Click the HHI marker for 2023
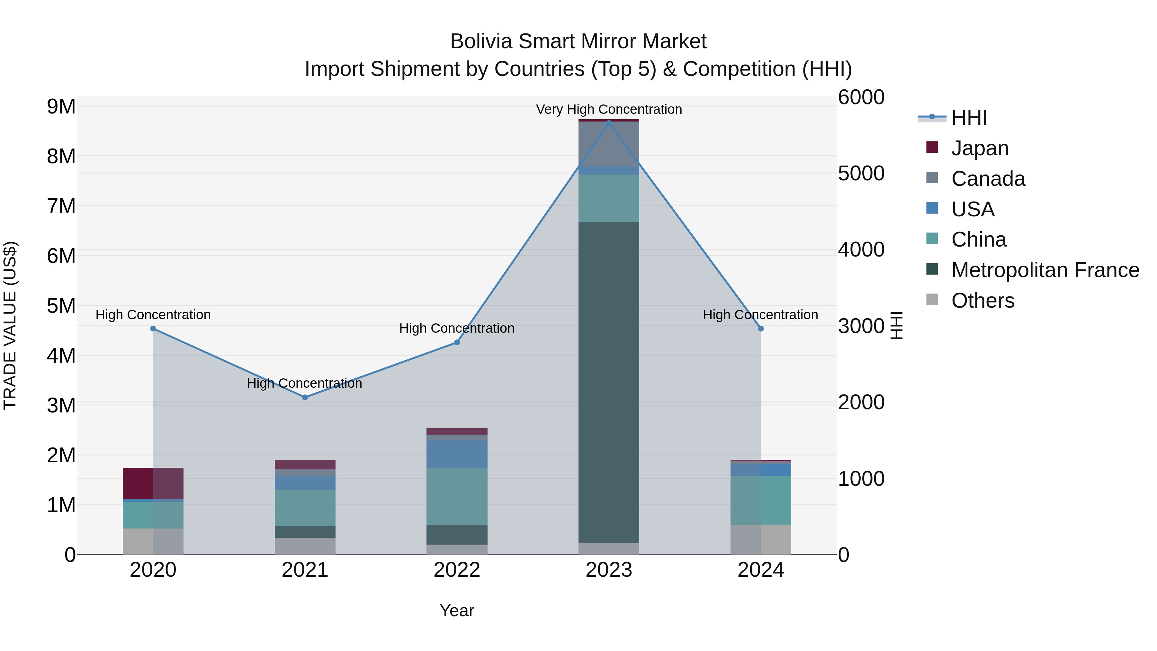pos(609,122)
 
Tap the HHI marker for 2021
pos(305,397)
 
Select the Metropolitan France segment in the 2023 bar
pos(609,382)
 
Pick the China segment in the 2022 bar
pos(457,496)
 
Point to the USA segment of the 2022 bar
pos(457,454)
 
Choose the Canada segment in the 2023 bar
pos(609,144)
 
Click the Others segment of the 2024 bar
pos(760,539)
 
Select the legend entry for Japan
pos(979,148)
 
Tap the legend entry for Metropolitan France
pos(1045,270)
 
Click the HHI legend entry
pos(969,118)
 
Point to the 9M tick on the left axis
pos(61,107)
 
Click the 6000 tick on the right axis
pos(861,97)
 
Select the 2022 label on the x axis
pos(457,570)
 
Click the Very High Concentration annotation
pos(609,109)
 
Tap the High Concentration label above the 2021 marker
pos(305,383)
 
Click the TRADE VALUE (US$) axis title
pos(10,325)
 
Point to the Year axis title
pos(457,610)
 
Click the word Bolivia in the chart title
pos(481,41)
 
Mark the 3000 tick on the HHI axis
pos(861,326)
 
